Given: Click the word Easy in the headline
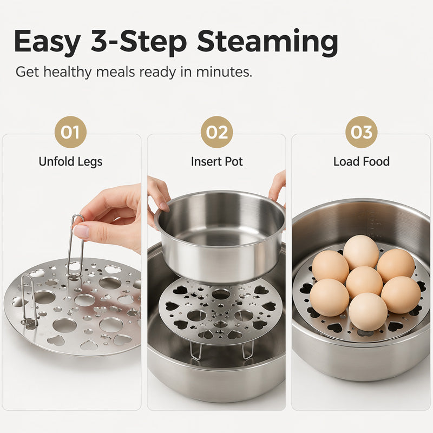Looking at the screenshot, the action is pyautogui.click(x=47, y=42).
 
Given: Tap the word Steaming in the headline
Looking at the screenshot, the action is pyautogui.click(x=267, y=42).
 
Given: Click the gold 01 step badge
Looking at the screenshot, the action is pyautogui.click(x=70, y=132).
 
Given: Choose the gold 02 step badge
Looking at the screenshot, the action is pyautogui.click(x=217, y=132).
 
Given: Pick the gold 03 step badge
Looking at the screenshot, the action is pyautogui.click(x=361, y=132).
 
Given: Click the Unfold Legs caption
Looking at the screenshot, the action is pyautogui.click(x=70, y=161).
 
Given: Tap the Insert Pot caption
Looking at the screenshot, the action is pyautogui.click(x=217, y=161).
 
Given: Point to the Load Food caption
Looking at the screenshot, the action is pyautogui.click(x=361, y=161).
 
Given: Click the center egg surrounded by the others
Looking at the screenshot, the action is pyautogui.click(x=364, y=281).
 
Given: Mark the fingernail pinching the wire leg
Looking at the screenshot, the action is pyautogui.click(x=81, y=232).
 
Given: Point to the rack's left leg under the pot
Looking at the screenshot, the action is pyautogui.click(x=196, y=350).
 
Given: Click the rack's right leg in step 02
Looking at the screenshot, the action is pyautogui.click(x=247, y=350).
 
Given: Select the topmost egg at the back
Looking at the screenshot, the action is pyautogui.click(x=361, y=252).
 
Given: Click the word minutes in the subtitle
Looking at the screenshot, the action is pyautogui.click(x=224, y=72).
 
